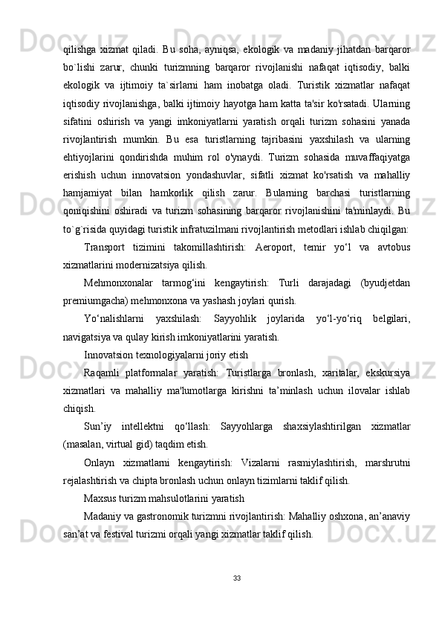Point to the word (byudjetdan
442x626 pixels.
click(x=386, y=283)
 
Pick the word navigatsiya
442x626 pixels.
click(x=87, y=337)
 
